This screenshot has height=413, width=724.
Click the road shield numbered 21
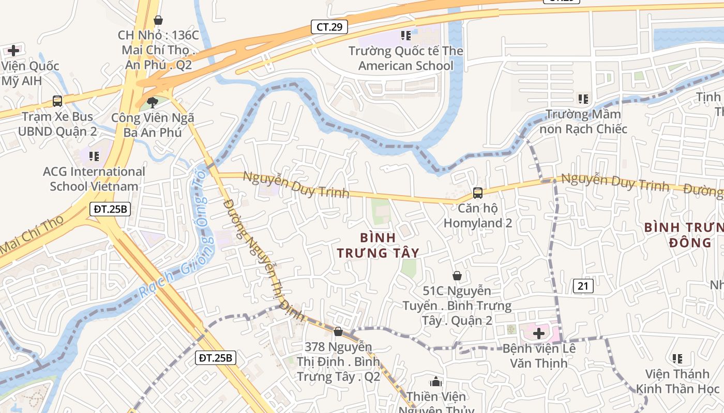click(583, 285)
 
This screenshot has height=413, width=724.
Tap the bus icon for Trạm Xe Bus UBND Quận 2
click(57, 101)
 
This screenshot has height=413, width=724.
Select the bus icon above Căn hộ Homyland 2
click(477, 194)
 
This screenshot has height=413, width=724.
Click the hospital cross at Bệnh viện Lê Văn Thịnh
click(539, 333)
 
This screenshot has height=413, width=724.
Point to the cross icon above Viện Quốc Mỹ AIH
click(13, 51)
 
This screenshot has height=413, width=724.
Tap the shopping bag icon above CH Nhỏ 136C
click(158, 20)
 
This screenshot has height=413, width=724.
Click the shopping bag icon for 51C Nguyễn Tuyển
click(457, 276)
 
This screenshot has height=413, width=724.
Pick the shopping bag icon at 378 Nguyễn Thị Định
click(338, 331)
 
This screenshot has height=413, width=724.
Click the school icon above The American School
click(406, 36)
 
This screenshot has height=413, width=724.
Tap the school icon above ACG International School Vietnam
click(94, 156)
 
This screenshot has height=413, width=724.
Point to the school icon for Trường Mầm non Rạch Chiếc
click(583, 99)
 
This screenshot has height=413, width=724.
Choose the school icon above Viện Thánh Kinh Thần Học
click(677, 358)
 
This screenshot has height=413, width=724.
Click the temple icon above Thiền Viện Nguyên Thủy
click(436, 382)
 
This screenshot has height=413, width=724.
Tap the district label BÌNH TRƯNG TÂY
click(378, 245)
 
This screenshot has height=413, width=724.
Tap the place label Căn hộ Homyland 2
click(477, 216)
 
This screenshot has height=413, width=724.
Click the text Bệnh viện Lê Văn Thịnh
click(539, 356)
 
